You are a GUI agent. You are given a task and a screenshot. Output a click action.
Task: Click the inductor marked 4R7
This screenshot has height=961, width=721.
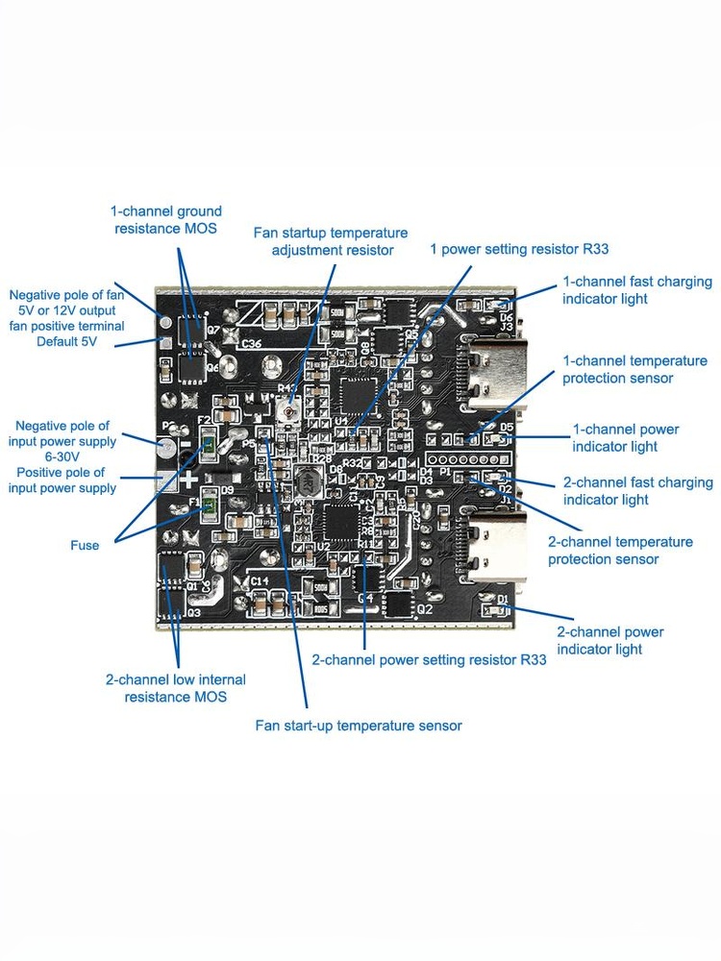306,481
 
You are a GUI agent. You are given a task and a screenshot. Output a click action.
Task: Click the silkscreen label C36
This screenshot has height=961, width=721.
252,343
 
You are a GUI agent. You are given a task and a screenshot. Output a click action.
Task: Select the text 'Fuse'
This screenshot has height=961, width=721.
84,545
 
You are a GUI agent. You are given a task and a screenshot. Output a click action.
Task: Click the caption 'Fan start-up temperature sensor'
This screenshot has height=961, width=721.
358,726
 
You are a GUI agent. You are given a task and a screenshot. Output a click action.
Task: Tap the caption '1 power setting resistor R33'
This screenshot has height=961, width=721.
519,249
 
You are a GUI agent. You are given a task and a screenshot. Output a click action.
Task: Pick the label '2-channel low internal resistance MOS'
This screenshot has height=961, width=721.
175,688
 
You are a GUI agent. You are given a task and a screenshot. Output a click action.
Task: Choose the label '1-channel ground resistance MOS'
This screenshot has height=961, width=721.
166,219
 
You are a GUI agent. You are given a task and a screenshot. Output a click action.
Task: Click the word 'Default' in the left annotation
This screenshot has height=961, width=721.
53,341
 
